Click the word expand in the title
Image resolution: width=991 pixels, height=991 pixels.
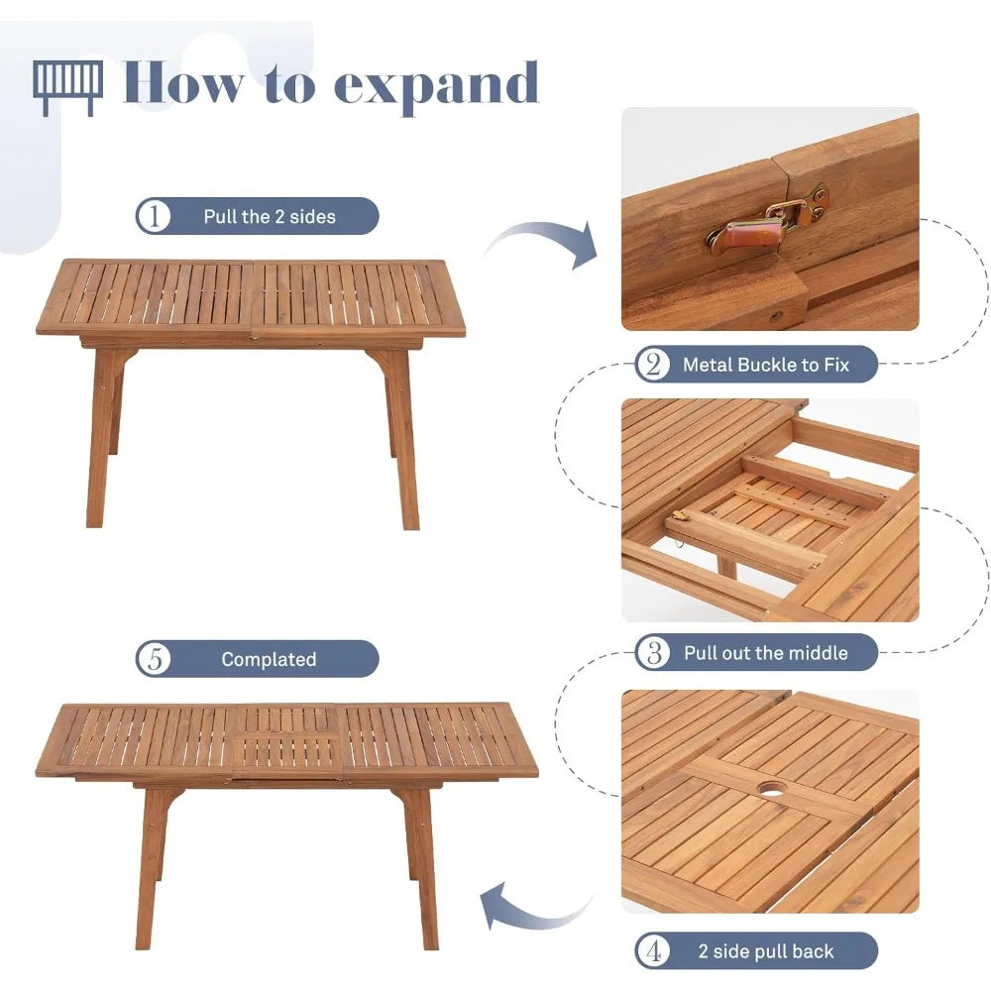pos(436,86)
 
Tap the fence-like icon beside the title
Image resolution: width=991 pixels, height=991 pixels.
pos(67,88)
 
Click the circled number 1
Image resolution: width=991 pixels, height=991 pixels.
pos(154,216)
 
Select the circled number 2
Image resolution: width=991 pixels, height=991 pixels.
pos(653,364)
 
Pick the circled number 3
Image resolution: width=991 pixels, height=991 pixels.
pos(653,652)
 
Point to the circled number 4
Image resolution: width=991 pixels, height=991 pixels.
pos(653,950)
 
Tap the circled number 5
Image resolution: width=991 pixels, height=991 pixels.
pos(154,659)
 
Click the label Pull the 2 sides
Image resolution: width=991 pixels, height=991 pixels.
pos(270,217)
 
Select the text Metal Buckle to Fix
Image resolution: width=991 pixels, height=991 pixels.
pos(766,365)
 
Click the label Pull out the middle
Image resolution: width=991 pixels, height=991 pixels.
pos(766,653)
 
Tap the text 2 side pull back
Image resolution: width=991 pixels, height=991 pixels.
pos(766,951)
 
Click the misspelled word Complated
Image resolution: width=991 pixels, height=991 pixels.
pos(269,659)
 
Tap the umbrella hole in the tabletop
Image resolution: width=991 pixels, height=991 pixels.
pos(772,790)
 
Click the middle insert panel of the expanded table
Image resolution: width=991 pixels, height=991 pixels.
pos(287,740)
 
